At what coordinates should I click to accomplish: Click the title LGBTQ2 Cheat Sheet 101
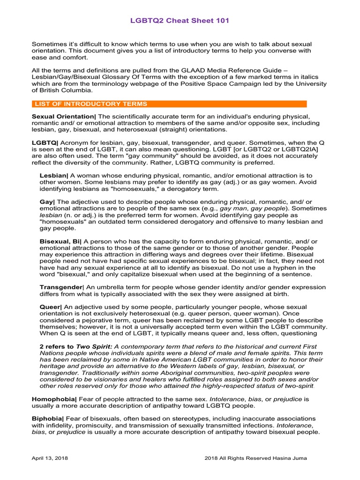coord(180,21)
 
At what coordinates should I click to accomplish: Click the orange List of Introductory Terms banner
coord(169,104)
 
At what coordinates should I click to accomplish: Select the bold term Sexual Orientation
coord(63,116)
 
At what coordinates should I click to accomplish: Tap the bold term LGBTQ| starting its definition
coord(45,142)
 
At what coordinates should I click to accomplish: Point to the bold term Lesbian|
coord(54,175)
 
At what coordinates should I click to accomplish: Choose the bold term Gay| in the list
coord(47,202)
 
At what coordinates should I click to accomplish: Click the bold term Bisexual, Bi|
coord(60,241)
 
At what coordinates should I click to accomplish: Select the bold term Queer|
coord(51,307)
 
